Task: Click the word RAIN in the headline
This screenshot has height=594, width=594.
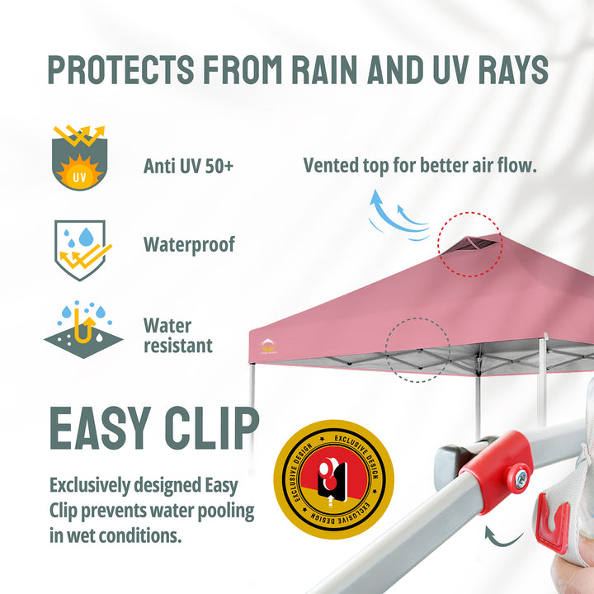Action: pyautogui.click(x=324, y=69)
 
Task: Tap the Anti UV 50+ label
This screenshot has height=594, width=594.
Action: pyautogui.click(x=188, y=166)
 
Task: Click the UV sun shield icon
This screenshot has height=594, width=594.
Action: pyautogui.click(x=79, y=158)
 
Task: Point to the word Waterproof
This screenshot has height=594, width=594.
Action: pyautogui.click(x=189, y=245)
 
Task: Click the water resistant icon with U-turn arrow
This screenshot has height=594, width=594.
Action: pyautogui.click(x=83, y=329)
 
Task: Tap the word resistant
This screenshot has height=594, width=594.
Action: pyautogui.click(x=178, y=346)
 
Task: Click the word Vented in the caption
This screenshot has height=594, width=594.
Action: pyautogui.click(x=331, y=166)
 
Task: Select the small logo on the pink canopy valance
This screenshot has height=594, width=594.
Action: pyautogui.click(x=268, y=346)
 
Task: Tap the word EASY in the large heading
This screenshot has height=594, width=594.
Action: pyautogui.click(x=101, y=428)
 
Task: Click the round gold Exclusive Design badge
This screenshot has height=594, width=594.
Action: pyautogui.click(x=334, y=479)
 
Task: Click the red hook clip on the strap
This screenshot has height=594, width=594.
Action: pyautogui.click(x=552, y=524)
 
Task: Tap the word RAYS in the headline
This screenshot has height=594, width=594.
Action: pyautogui.click(x=513, y=69)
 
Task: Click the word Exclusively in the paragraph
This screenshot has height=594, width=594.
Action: pyautogui.click(x=90, y=486)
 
